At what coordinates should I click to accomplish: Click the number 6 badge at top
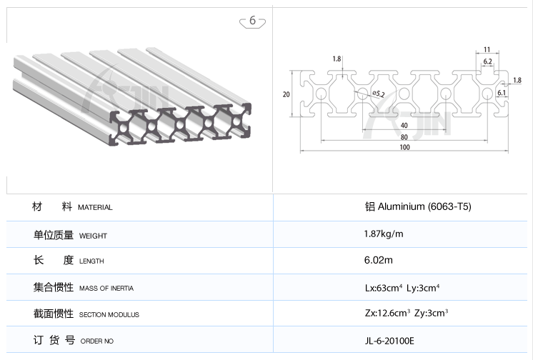tap(253, 21)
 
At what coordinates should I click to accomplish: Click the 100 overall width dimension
tap(404, 147)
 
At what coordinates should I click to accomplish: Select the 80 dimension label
tap(404, 136)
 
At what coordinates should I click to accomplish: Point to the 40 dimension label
tap(404, 126)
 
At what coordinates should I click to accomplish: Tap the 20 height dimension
tap(286, 94)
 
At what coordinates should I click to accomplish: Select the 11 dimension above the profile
tap(487, 49)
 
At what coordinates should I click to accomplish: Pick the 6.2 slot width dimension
tap(487, 62)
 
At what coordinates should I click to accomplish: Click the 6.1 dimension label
tap(502, 92)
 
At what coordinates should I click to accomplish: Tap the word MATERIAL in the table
tap(95, 208)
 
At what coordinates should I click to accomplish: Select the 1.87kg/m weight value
tap(384, 234)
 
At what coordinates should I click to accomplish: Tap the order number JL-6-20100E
tap(389, 341)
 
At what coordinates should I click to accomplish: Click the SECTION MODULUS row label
tap(109, 315)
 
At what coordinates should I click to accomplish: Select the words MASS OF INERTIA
tap(106, 289)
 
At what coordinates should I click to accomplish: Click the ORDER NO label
tap(97, 341)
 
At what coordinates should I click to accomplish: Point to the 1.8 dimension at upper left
tap(337, 59)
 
